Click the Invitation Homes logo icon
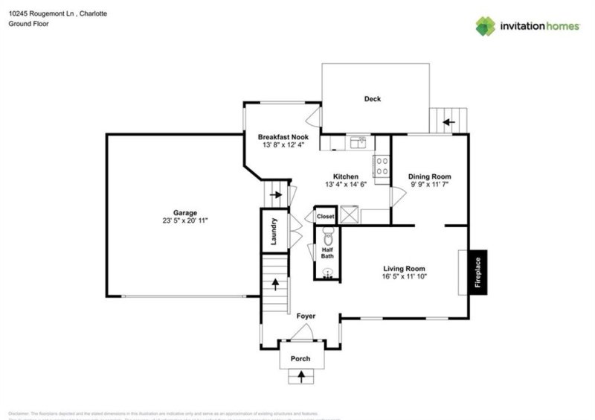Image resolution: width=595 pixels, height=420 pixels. pos(486,26)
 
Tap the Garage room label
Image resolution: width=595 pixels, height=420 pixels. pos(185,212)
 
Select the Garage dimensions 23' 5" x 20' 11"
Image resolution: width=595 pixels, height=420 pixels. pos(185,221)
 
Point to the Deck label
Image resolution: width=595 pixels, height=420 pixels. pos(373,99)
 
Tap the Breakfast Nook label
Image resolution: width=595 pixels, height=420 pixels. pos(283,137)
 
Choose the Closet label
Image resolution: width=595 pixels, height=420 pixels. pos(326,217)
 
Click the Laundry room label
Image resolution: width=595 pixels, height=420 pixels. pos(274,231)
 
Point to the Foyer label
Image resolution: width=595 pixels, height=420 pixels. pos(306,316)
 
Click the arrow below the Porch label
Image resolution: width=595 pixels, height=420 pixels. pos(301,376)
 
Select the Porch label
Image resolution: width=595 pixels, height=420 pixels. pos(300,359)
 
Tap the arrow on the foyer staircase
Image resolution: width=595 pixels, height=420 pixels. pos(276,283)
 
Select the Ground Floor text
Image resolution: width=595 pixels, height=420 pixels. pos(27,24)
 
